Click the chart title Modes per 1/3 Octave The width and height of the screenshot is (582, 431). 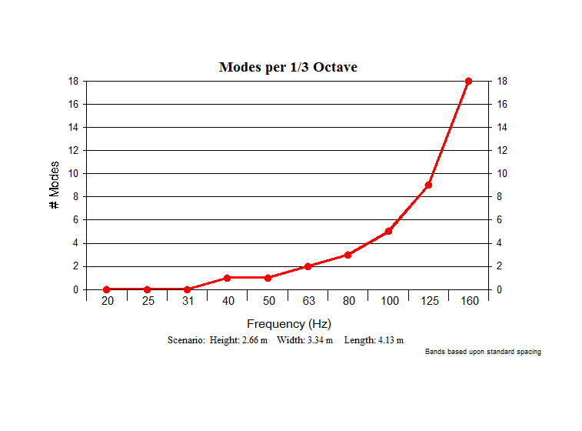point(288,67)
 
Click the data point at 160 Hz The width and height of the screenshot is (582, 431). point(468,81)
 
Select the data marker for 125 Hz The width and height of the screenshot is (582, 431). point(428,185)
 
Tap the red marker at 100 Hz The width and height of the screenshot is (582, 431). point(388,231)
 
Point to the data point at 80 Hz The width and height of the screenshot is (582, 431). point(348,255)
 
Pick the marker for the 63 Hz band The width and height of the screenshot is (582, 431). point(308,266)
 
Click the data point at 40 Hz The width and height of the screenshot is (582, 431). point(227,278)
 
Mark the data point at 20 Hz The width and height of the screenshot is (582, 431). point(107,289)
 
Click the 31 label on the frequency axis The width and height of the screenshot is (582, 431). point(188,301)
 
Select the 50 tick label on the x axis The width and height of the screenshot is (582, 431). point(268,301)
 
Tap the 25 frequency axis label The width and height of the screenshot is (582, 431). point(148,301)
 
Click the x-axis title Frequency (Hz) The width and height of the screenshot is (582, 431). point(289,324)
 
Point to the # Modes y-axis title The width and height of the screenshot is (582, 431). point(55,185)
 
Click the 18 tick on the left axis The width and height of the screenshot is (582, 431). point(73,81)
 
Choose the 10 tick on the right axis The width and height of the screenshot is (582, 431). point(503,173)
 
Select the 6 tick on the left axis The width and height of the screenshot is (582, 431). point(75,220)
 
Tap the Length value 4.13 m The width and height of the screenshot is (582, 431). point(389,340)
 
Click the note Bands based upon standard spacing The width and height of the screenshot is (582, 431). point(483,352)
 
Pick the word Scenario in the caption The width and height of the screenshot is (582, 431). point(185,340)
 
